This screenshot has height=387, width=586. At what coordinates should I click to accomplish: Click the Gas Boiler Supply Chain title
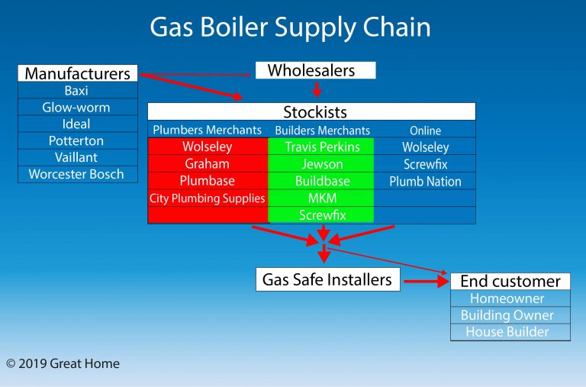290,27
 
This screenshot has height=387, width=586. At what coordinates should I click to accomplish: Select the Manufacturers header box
77,73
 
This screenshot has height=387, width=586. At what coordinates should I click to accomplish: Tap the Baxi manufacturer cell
77,91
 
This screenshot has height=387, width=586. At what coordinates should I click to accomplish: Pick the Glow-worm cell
77,108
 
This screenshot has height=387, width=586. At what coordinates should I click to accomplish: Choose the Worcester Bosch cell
77,174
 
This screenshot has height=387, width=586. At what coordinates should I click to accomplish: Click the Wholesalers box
315,70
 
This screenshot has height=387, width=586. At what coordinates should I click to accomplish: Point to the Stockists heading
315,112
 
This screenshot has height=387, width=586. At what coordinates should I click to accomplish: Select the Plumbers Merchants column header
207,130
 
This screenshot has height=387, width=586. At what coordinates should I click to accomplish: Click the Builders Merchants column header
322,131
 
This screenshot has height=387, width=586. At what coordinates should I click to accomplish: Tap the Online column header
425,131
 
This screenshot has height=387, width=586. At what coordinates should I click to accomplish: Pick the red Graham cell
207,164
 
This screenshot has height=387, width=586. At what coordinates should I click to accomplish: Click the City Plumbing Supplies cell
207,198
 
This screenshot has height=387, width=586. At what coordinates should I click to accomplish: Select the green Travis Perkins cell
322,147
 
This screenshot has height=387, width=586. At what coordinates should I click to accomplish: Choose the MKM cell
322,198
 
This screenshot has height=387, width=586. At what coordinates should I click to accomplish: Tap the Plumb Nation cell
425,182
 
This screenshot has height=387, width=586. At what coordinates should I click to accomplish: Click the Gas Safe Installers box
327,280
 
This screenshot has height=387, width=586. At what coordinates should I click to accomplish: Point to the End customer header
510,281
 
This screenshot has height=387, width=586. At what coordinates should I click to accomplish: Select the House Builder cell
510,332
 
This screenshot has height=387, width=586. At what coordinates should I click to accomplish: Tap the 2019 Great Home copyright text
63,364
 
